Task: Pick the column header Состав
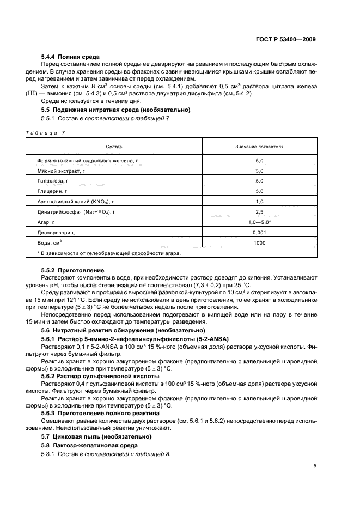[x=114, y=147]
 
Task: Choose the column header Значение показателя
[x=259, y=147]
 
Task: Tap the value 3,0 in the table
[x=259, y=171]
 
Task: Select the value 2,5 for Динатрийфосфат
[x=259, y=212]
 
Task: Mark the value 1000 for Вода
[x=259, y=242]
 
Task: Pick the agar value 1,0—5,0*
[x=259, y=222]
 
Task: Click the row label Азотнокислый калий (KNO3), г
[x=76, y=202]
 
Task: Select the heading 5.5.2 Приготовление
[x=72, y=270]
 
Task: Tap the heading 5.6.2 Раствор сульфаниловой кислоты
[x=100, y=377]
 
